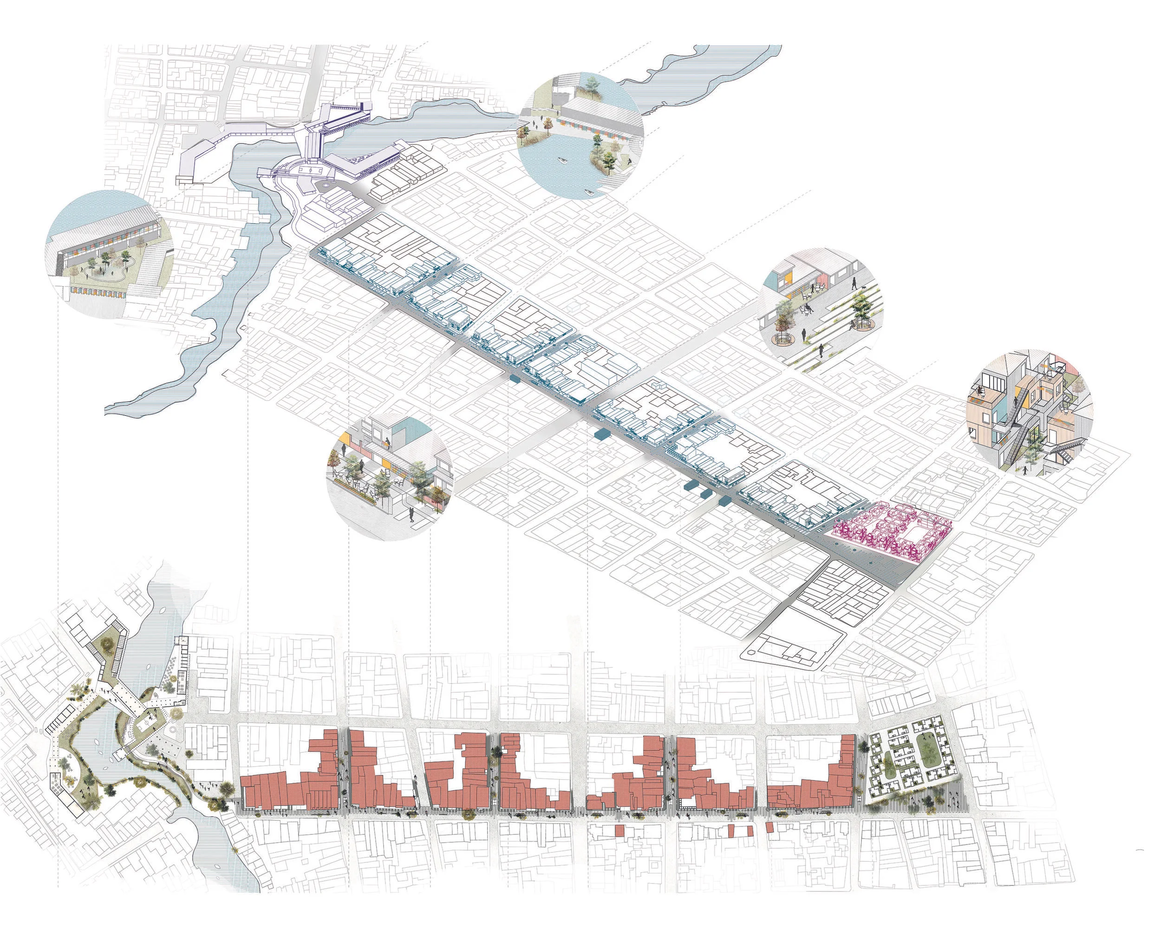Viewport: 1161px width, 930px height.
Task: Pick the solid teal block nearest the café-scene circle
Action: point(514,380)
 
